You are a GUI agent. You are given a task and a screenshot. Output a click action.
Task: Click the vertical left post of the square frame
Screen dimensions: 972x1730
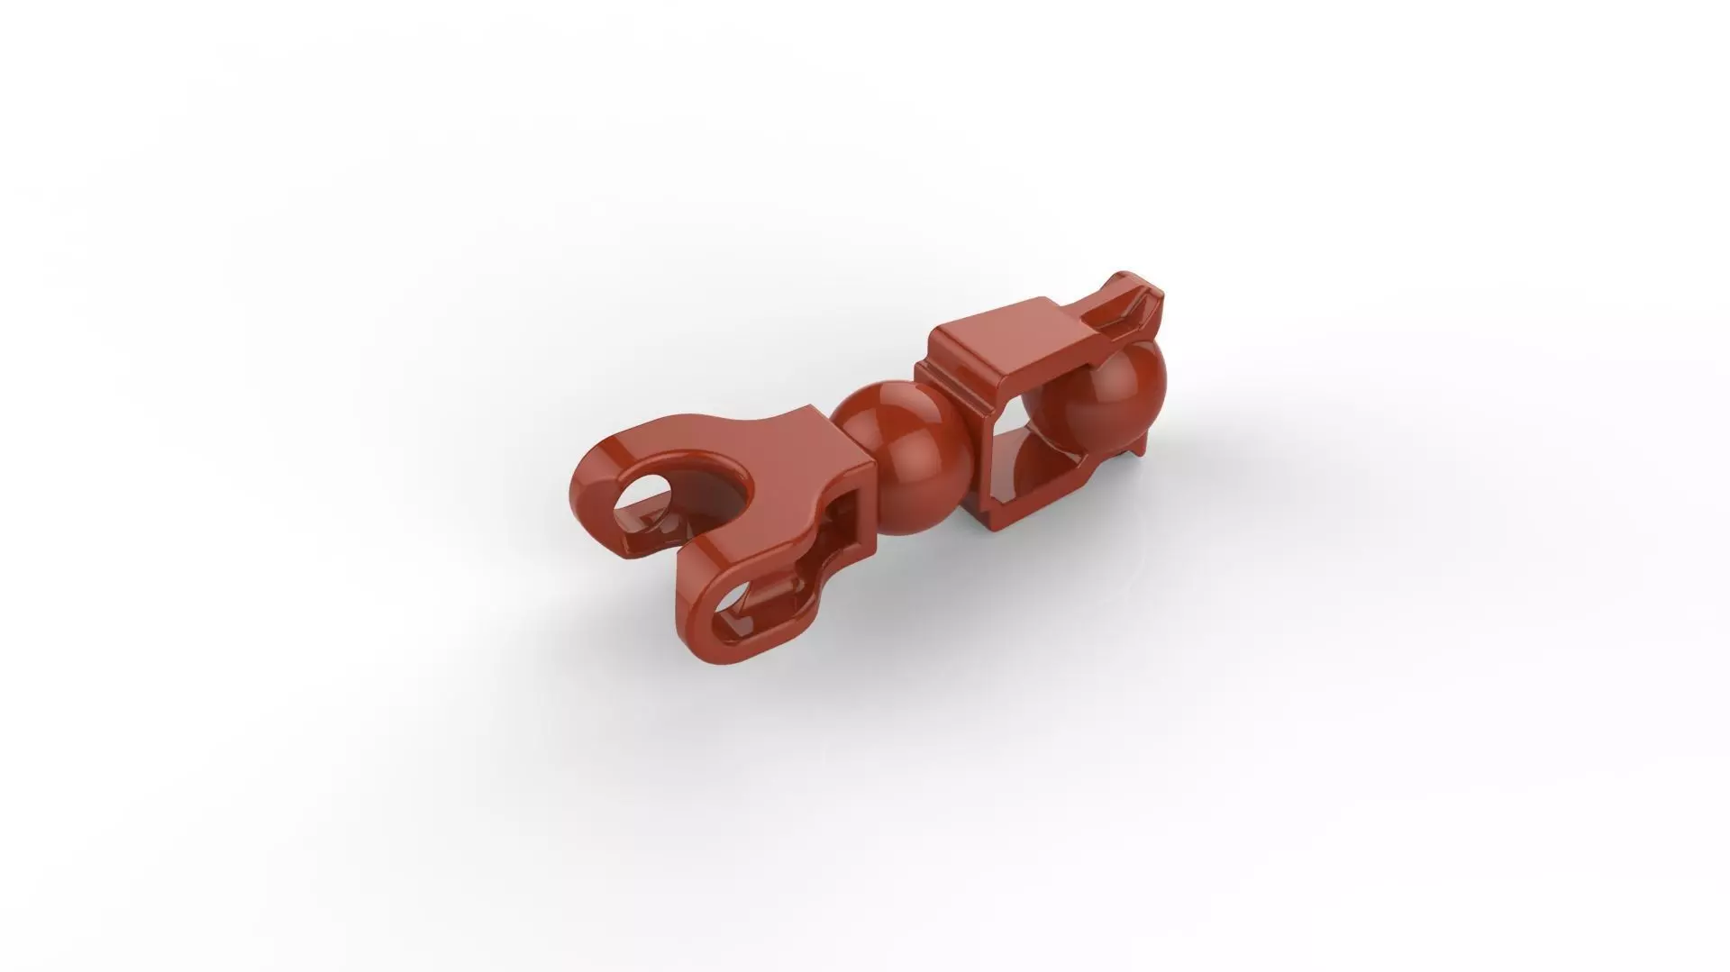tap(987, 468)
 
